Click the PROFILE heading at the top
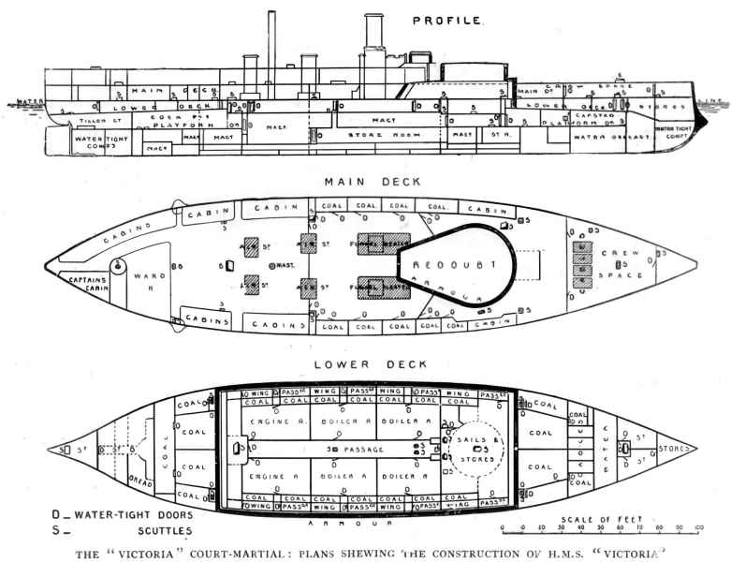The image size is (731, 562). click(x=447, y=20)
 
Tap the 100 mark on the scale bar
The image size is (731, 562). click(x=700, y=530)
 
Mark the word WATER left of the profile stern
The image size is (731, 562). click(x=30, y=101)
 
